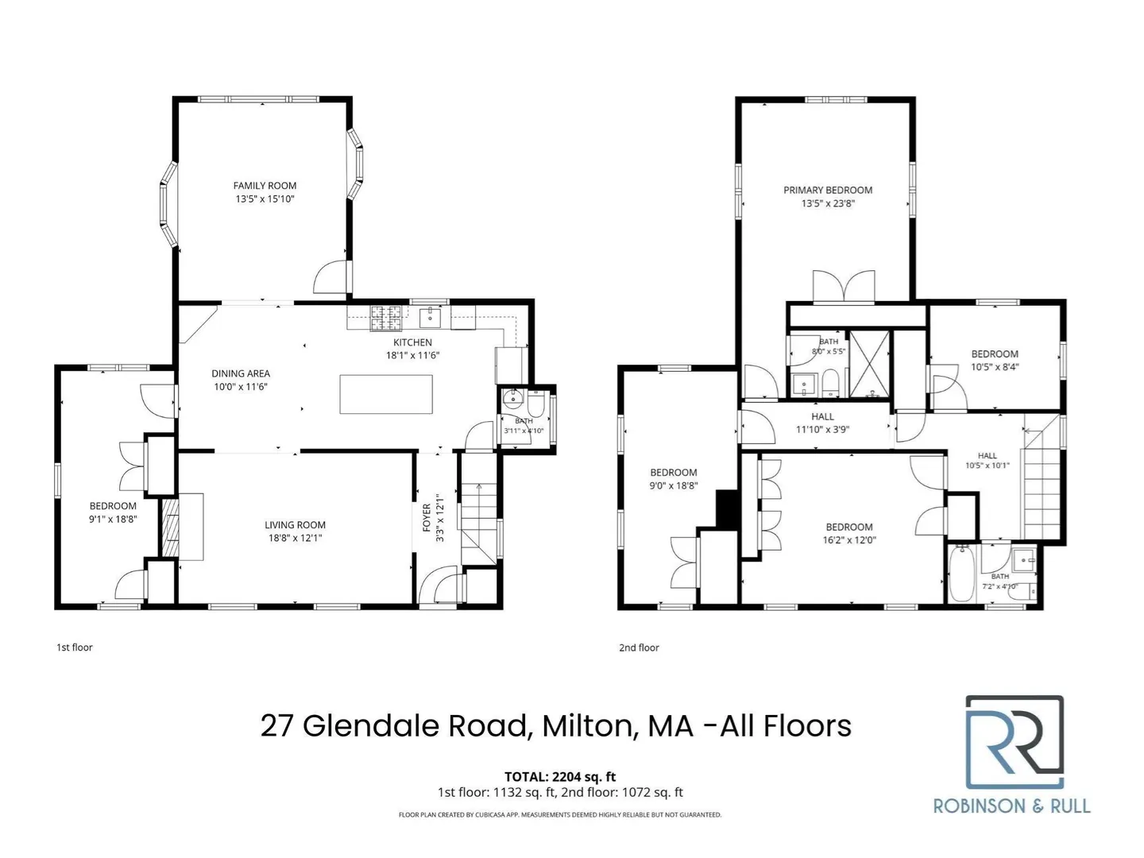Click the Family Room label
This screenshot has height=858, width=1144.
coord(265,185)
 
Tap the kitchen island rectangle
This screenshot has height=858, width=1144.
coord(385,394)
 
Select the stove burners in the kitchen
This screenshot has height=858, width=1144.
coord(385,318)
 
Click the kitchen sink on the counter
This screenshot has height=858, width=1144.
coord(430,317)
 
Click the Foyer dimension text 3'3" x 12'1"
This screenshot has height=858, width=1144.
coord(440,517)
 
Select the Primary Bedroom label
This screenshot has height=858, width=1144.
coord(827,190)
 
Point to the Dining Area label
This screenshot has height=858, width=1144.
coord(240,373)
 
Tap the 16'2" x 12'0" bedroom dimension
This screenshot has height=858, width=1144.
coord(848,540)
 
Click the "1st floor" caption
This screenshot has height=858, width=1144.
coord(75,647)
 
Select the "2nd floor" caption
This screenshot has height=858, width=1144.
coord(639,647)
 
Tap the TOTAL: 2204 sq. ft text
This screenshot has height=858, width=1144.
coord(560,777)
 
